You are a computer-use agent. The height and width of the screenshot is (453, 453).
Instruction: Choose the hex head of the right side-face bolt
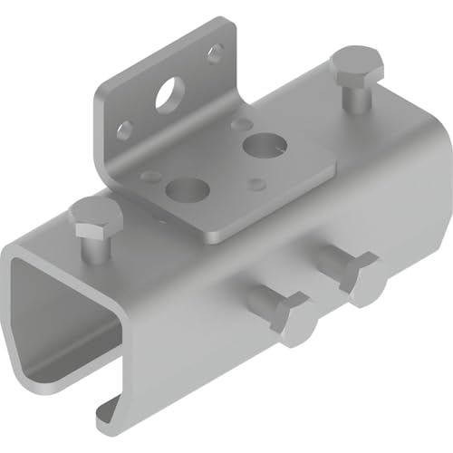pos(361,278)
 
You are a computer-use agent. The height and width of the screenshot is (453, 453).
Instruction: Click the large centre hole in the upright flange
pos(167,96)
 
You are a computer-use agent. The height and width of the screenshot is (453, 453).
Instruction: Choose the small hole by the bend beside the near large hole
pos(151,176)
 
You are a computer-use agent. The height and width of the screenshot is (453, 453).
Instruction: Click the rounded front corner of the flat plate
pos(210,236)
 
